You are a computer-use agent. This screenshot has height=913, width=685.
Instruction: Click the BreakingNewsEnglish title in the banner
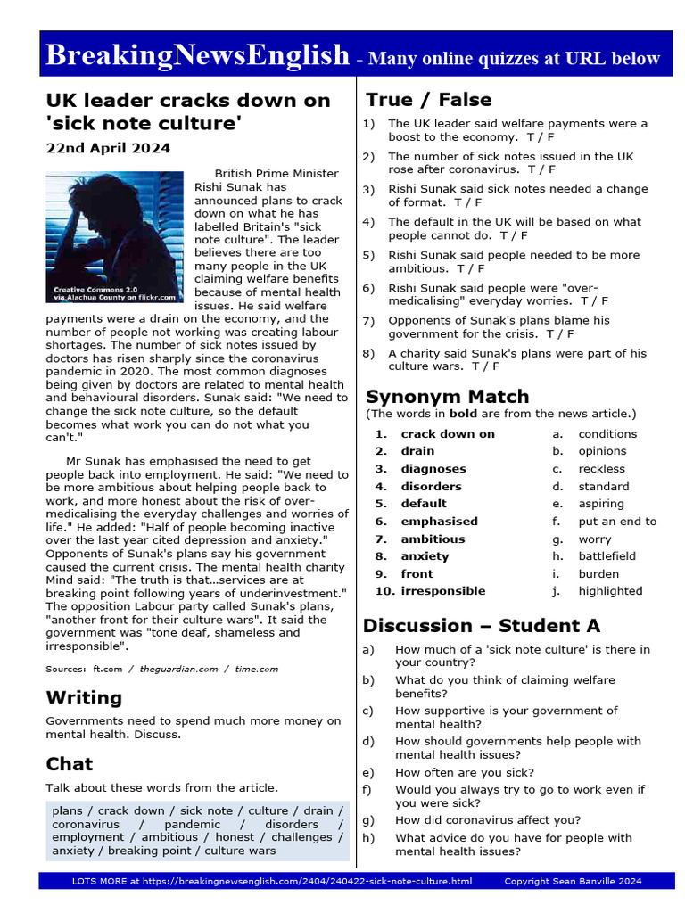(x=196, y=55)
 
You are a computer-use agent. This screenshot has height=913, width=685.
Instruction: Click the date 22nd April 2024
(x=108, y=148)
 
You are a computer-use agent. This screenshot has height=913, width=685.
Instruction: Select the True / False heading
(x=428, y=99)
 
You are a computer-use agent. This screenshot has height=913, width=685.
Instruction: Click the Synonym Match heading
(x=447, y=396)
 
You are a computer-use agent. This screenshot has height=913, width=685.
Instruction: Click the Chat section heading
(x=70, y=763)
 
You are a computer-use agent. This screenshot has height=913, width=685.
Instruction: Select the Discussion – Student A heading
(x=481, y=625)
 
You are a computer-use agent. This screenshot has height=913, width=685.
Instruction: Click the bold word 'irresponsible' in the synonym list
(x=443, y=591)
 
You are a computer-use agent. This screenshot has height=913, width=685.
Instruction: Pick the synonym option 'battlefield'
(x=611, y=556)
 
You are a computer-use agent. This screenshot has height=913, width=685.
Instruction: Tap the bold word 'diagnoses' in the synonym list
(x=433, y=469)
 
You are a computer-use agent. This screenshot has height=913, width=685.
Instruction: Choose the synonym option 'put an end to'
(x=617, y=522)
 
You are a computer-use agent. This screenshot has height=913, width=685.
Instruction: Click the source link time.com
(x=257, y=669)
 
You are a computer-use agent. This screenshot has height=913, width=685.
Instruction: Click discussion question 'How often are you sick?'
(x=465, y=772)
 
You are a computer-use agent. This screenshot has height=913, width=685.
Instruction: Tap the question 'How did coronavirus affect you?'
(x=488, y=820)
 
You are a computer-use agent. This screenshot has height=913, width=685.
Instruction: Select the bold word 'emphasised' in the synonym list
(x=439, y=522)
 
